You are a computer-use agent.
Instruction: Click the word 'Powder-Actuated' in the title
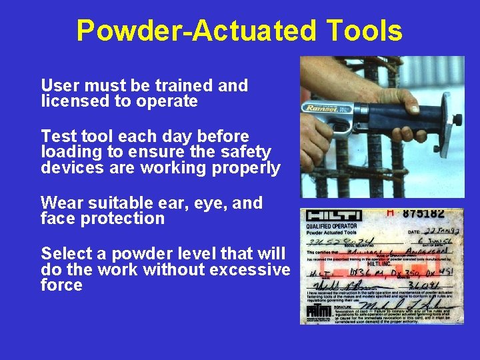193,31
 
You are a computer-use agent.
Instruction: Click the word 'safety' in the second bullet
247,152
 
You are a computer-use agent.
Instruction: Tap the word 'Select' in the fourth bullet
64,253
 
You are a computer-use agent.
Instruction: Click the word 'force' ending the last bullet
61,285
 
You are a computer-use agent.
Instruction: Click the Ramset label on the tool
322,108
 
